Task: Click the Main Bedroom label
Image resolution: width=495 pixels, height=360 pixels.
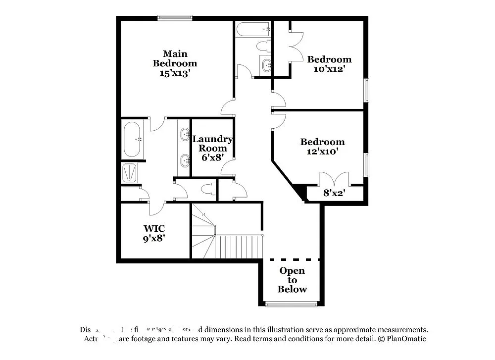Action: coord(174,58)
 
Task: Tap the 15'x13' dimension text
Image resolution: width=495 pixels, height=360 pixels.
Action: coord(175,73)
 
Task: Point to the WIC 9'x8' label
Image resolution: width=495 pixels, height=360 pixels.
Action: coord(154,233)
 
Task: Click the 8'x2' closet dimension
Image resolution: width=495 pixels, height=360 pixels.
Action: coord(334,193)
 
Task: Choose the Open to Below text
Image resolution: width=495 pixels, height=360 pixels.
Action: coord(292,280)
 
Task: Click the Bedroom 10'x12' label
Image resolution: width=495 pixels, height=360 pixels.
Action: coord(329,64)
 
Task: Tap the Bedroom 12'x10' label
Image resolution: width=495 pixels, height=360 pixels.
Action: coord(322,147)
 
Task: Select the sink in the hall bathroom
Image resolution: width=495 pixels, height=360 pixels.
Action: coord(266,64)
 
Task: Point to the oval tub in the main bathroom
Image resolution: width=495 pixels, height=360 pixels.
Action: coord(133,139)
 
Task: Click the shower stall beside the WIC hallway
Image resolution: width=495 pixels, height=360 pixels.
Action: coord(130,172)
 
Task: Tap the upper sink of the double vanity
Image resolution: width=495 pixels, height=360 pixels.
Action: coord(185,134)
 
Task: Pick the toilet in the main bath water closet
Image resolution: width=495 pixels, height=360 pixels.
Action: coord(207,189)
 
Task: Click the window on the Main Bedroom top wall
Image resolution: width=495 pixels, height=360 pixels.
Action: coord(175,18)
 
